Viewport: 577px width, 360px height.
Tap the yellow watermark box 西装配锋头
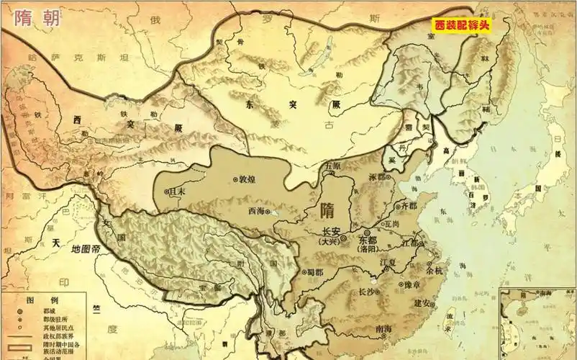click(462, 26)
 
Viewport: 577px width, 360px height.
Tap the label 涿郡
click(377, 176)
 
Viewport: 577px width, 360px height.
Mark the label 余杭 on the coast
click(435, 271)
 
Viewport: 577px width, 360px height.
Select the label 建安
click(422, 303)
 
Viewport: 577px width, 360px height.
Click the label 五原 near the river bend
click(332, 165)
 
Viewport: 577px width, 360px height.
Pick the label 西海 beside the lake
click(257, 211)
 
